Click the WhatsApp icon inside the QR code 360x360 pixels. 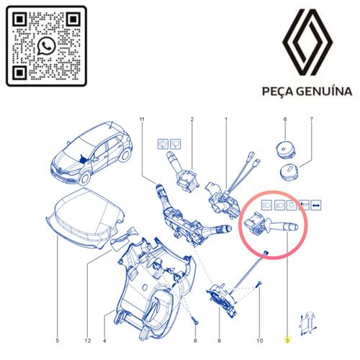[47, 47]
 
